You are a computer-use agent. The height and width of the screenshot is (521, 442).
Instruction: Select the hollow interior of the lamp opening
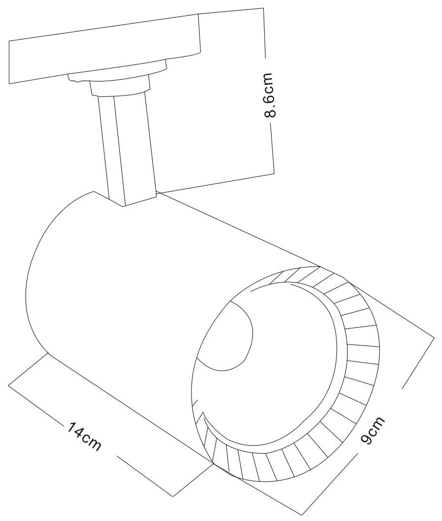pos(275,374)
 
